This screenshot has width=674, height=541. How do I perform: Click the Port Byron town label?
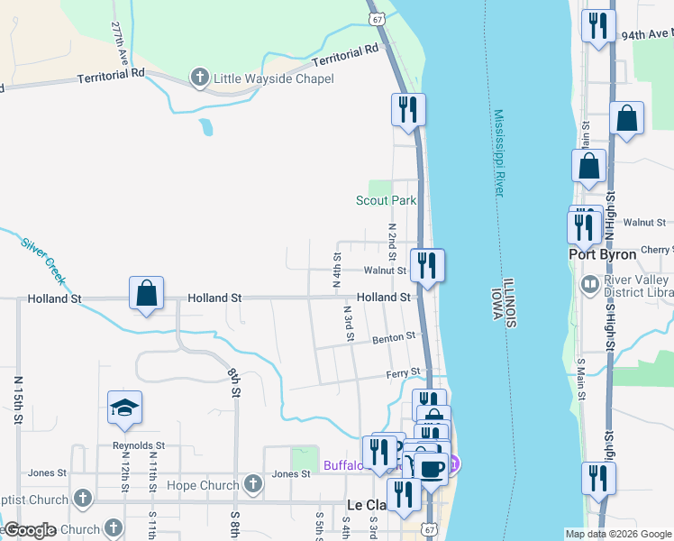603,254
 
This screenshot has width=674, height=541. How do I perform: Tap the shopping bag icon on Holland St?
146,293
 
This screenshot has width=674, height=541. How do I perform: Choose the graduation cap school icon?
124,408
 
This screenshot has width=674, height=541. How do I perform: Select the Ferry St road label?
403,371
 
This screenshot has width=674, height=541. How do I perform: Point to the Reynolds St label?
139,445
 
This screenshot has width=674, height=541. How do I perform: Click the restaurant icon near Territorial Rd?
407,110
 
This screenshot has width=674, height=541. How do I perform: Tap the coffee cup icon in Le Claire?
430,468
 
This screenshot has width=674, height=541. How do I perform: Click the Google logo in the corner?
30,530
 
